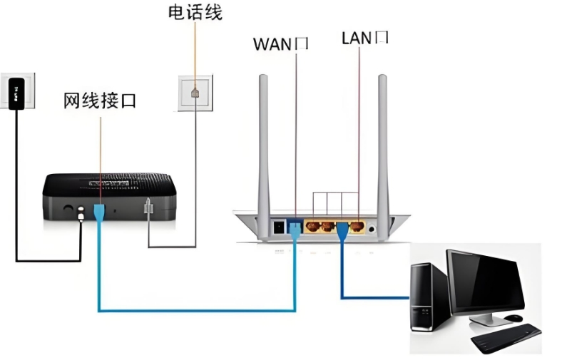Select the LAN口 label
[x=365, y=37]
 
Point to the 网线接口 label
[x=100, y=101]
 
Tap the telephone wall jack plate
[x=195, y=93]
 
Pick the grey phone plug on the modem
[x=148, y=207]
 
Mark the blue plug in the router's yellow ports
[x=342, y=230]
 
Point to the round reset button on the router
[x=372, y=228]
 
